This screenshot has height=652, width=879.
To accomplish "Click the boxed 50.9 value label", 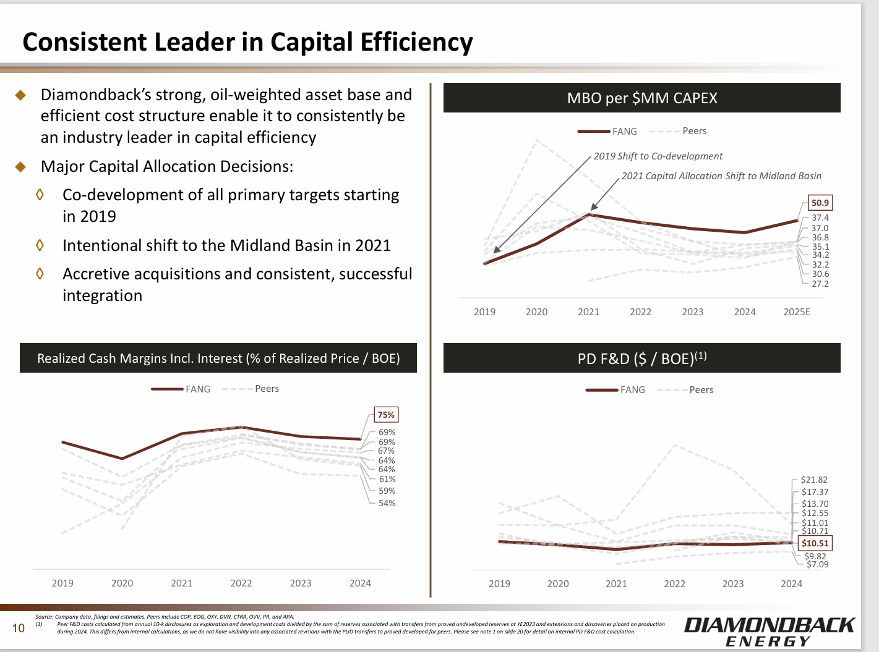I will click(820, 203).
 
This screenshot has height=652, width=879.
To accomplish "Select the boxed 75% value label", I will click(386, 415).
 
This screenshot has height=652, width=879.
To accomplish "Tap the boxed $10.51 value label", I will click(815, 543).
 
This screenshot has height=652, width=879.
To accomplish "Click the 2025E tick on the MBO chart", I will click(796, 312).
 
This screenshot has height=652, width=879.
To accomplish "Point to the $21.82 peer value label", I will click(813, 480).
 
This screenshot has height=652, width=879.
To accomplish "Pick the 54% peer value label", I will click(387, 503).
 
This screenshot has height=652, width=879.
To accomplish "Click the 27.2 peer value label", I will click(820, 284).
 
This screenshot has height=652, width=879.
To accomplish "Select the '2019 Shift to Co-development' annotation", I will click(658, 156).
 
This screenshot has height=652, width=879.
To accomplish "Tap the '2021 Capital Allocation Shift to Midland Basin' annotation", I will click(721, 176).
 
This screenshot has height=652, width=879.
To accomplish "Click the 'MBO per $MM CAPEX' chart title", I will click(641, 98).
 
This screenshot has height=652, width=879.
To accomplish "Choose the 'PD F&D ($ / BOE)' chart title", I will click(641, 358).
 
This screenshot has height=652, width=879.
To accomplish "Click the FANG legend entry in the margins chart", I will click(197, 389).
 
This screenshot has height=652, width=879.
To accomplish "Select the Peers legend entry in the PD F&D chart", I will click(701, 390).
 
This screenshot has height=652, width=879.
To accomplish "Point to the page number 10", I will click(19, 629).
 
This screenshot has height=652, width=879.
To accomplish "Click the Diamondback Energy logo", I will click(768, 632).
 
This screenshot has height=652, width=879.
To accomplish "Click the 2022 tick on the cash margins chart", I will click(241, 583).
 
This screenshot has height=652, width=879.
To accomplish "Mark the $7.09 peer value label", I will click(817, 564).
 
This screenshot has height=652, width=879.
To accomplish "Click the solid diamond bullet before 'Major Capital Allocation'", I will click(20, 167).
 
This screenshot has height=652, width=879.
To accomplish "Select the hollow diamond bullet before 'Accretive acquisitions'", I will click(40, 273).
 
